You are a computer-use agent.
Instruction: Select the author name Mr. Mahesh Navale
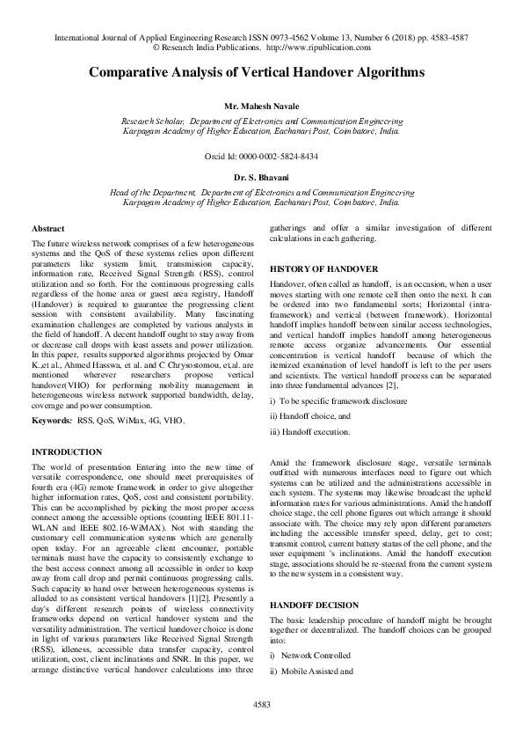261,104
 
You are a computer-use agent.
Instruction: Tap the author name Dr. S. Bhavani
261,177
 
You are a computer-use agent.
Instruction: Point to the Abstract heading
47,228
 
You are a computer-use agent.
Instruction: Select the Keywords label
52,422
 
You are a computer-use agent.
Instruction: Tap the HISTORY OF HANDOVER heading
323,268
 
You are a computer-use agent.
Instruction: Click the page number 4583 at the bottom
261,704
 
